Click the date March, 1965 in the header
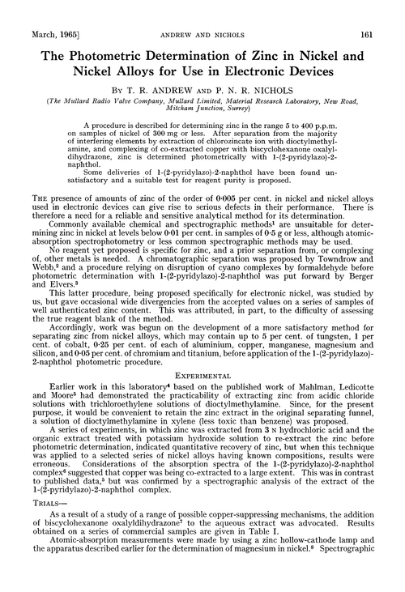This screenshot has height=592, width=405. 36,13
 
